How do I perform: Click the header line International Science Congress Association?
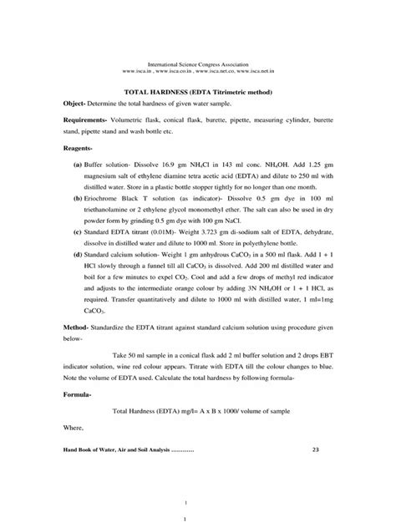198,63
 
